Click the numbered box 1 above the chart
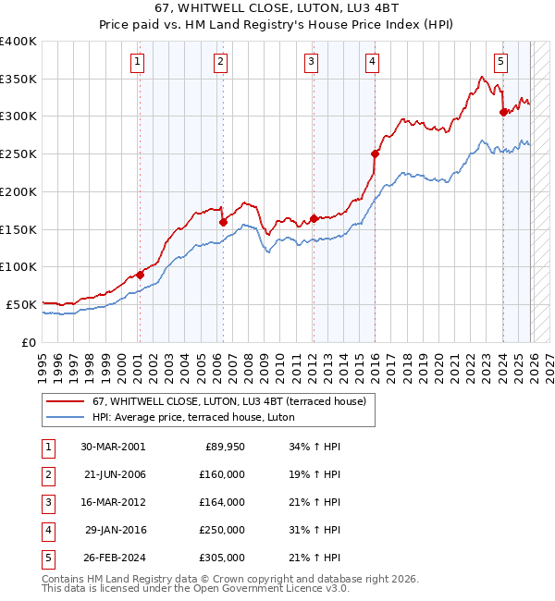[137, 62]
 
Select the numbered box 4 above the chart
[372, 62]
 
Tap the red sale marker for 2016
[375, 153]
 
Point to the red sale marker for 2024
[503, 113]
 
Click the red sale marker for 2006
[223, 222]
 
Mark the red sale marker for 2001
[140, 275]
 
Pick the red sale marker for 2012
[314, 219]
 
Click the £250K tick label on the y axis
[18, 153]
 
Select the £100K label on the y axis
[18, 266]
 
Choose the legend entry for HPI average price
[193, 418]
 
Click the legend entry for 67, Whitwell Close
[228, 401]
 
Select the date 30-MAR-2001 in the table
[113, 447]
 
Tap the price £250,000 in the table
[222, 530]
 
